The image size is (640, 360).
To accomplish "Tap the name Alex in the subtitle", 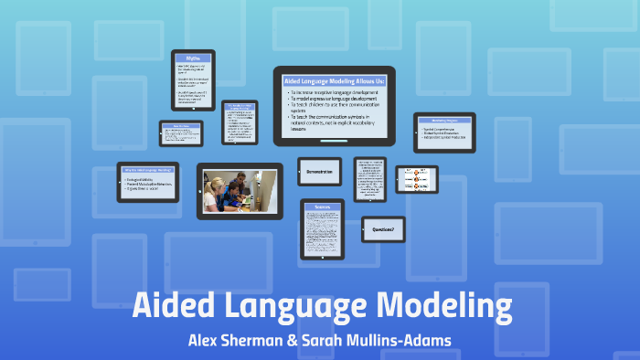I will point(207,341).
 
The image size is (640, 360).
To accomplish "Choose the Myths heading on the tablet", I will point(192,59).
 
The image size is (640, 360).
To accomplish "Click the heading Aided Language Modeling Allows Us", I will point(334,81).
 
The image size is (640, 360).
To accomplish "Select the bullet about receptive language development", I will point(336,94).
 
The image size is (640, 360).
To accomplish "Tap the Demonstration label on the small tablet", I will point(318,171).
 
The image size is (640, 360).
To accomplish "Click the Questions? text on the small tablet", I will point(382,229).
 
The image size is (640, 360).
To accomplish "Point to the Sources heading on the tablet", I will point(322,209).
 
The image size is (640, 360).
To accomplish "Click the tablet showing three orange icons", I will point(416,179).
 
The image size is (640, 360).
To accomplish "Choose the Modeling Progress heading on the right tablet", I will point(444,121).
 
